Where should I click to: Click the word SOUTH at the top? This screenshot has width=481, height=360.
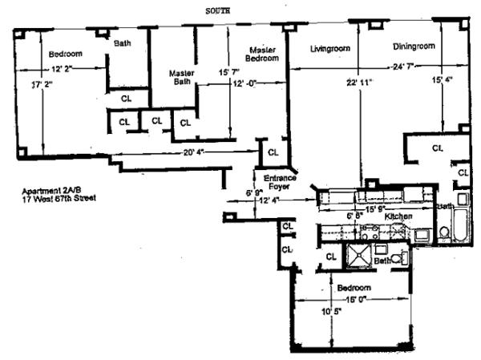[220, 11]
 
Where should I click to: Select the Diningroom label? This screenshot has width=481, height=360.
[414, 47]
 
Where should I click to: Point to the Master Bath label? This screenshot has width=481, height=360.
[183, 77]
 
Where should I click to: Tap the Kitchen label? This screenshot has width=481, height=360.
[398, 217]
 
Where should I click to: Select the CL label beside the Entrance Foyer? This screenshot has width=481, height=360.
[273, 152]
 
